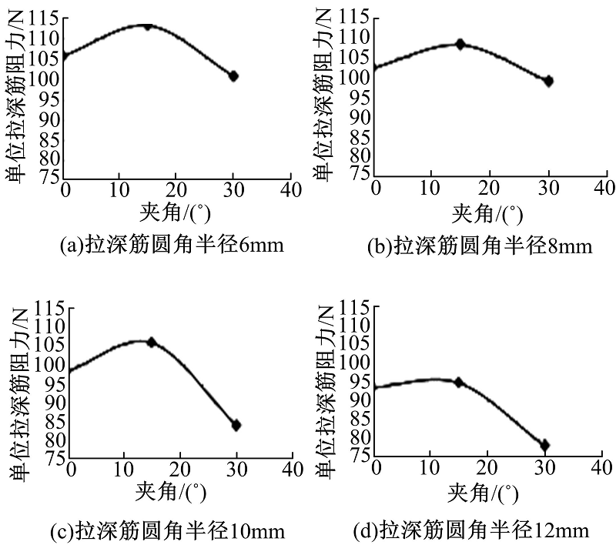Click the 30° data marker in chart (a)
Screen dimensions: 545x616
coord(234,76)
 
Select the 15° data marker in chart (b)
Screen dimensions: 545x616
coord(460,45)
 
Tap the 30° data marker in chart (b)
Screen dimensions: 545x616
coord(548,81)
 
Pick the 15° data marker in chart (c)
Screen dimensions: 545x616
coord(152,342)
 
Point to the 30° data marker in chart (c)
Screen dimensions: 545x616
coord(236,425)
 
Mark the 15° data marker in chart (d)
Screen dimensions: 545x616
coord(459,382)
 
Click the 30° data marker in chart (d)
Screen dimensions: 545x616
coord(545,445)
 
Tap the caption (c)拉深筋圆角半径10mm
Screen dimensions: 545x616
coord(172,531)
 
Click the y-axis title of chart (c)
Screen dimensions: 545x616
coord(17,393)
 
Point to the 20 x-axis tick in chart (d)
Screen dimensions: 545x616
coord(487,468)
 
